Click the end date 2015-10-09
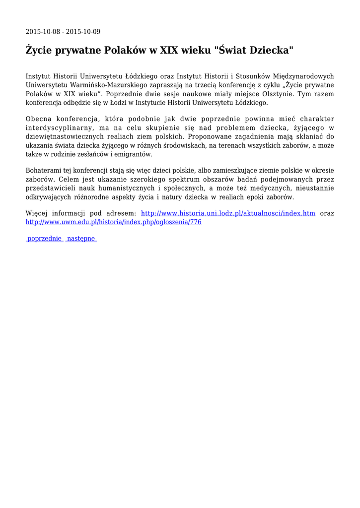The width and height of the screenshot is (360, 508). pyautogui.click(x=83, y=32)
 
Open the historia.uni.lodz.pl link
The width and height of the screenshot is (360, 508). pyautogui.click(x=228, y=213)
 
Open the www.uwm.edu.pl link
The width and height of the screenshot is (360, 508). pyautogui.click(x=113, y=222)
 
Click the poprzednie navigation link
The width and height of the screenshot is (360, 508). pyautogui.click(x=45, y=239)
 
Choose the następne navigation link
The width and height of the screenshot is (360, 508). pyautogui.click(x=81, y=239)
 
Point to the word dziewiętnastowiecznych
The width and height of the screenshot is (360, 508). pyautogui.click(x=69, y=137)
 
